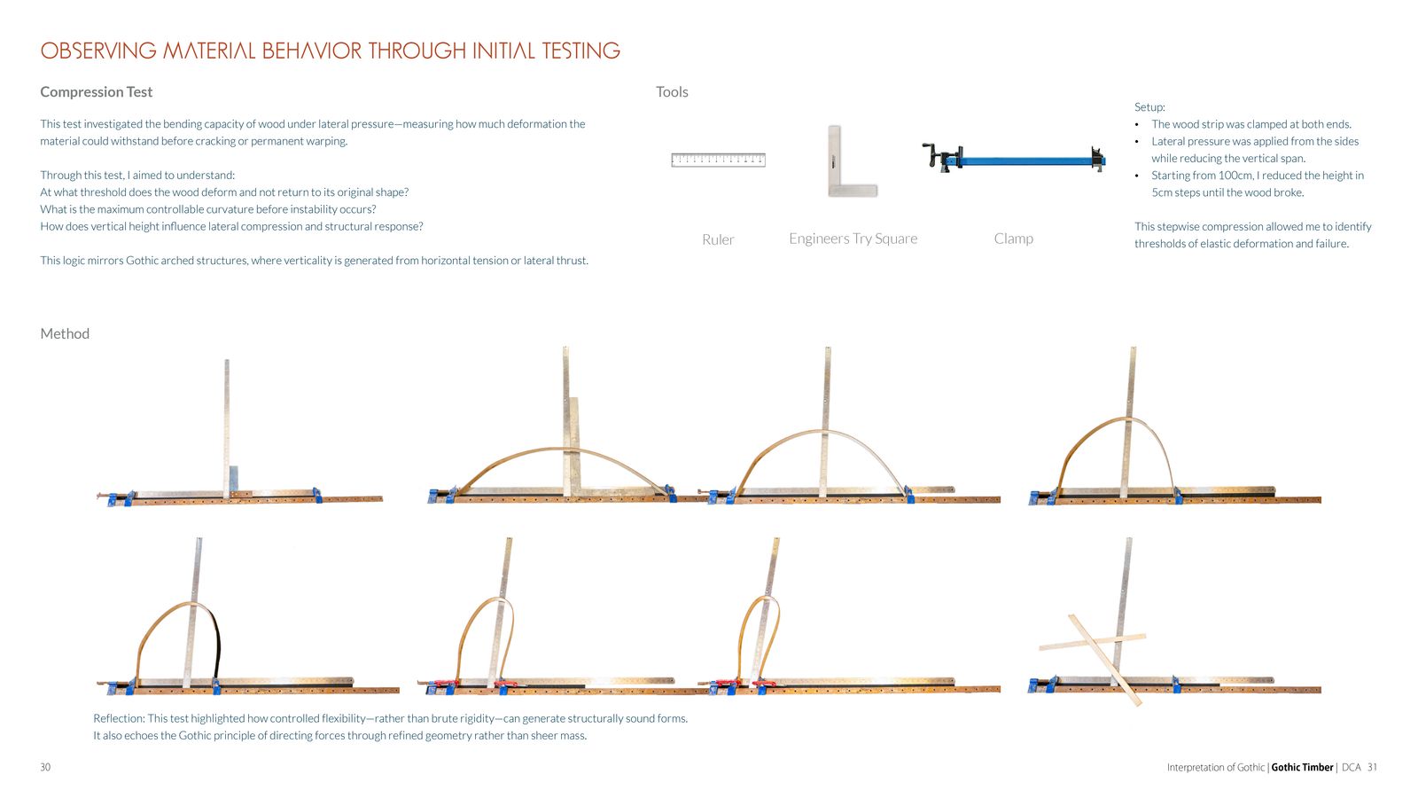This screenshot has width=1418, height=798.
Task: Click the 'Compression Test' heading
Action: point(97,92)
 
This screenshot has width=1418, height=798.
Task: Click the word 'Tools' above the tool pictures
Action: point(672,92)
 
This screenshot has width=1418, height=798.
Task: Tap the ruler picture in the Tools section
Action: point(718,160)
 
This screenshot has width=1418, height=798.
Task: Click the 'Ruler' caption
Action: point(718,239)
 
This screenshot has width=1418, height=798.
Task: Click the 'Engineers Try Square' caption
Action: point(853,239)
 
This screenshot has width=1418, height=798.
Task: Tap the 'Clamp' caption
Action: point(1014,239)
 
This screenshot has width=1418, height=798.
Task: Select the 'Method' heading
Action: point(65,333)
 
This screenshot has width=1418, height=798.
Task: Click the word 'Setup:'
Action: point(1149,107)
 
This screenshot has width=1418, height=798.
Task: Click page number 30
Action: point(45,768)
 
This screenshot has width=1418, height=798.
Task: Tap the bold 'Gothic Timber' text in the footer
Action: point(1302,768)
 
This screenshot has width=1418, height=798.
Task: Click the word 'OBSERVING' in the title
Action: point(98,51)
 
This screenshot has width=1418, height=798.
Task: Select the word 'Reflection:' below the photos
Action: point(119,719)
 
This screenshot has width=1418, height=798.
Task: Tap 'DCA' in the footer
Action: point(1351,768)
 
